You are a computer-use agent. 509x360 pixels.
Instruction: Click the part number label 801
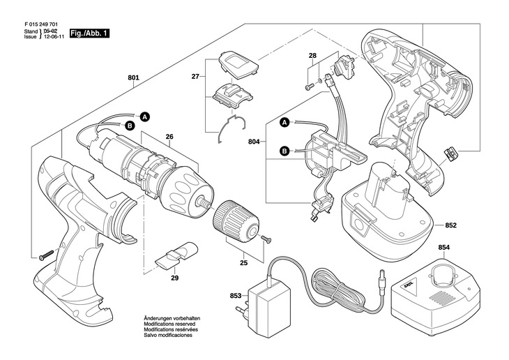[133, 77]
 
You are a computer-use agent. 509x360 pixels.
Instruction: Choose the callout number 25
[243, 264]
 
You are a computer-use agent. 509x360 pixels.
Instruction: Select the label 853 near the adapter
[236, 295]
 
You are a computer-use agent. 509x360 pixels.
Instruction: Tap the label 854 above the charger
[444, 248]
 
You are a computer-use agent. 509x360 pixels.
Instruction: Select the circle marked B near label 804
[284, 150]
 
